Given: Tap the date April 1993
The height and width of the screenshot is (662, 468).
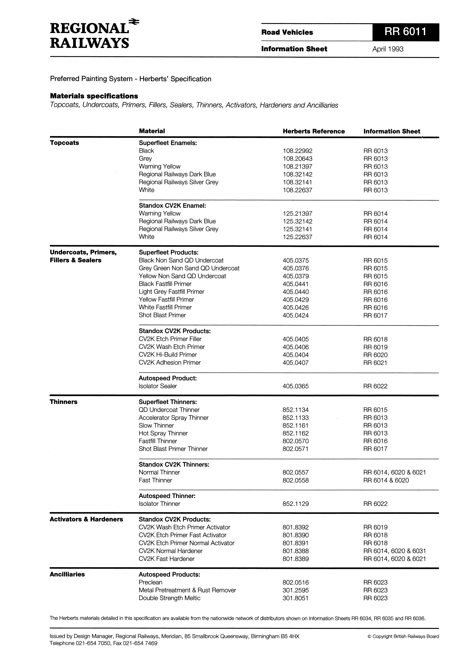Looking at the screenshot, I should click(x=388, y=49).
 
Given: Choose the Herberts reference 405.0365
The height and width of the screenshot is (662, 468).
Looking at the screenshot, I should click(x=295, y=386).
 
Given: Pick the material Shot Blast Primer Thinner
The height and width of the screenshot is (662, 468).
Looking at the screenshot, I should click(x=173, y=449).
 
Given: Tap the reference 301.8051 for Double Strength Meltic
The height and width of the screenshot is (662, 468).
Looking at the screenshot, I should click(x=295, y=598).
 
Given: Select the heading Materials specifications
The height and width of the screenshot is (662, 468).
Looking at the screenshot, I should click(x=94, y=96).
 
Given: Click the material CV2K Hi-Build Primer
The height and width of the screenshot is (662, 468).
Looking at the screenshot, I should click(x=168, y=355).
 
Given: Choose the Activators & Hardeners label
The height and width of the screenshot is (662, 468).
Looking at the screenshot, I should click(x=86, y=519).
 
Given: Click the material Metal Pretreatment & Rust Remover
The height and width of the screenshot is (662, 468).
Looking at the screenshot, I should click(x=187, y=590).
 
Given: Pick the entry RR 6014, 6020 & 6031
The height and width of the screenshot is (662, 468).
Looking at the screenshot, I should click(x=394, y=551).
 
